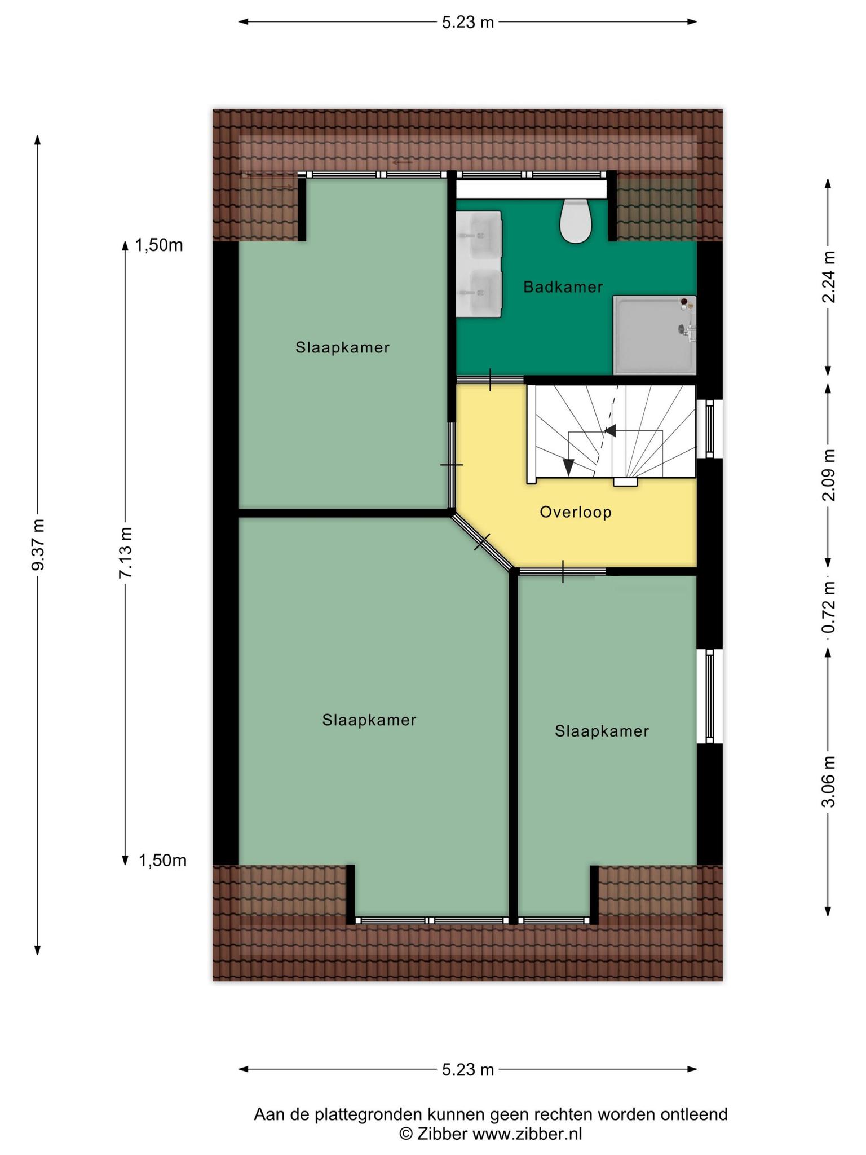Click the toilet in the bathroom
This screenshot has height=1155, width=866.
coord(576,221)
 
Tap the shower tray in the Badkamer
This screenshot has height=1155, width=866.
coord(655,335)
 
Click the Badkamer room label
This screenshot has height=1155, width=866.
coord(563,287)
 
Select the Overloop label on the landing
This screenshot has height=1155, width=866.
coord(576,512)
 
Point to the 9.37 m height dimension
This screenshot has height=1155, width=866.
coord(38,544)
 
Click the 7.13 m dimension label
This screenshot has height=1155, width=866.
coord(125,552)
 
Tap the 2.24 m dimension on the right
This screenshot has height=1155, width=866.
coord(828,276)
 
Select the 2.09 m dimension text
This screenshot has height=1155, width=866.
coord(828,475)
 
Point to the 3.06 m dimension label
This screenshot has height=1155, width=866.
coord(828,781)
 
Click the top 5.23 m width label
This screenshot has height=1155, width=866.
coord(468,23)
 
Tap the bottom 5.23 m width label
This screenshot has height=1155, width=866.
coord(468,1069)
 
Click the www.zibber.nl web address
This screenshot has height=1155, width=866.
coord(527,1134)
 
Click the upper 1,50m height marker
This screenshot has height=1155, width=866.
coord(159,245)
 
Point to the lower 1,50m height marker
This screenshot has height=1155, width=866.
coord(162,861)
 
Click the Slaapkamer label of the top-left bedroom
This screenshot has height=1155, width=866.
coord(343,347)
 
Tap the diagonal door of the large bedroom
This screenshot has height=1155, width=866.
coord(483,541)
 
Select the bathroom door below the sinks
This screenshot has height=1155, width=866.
coord(490,380)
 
